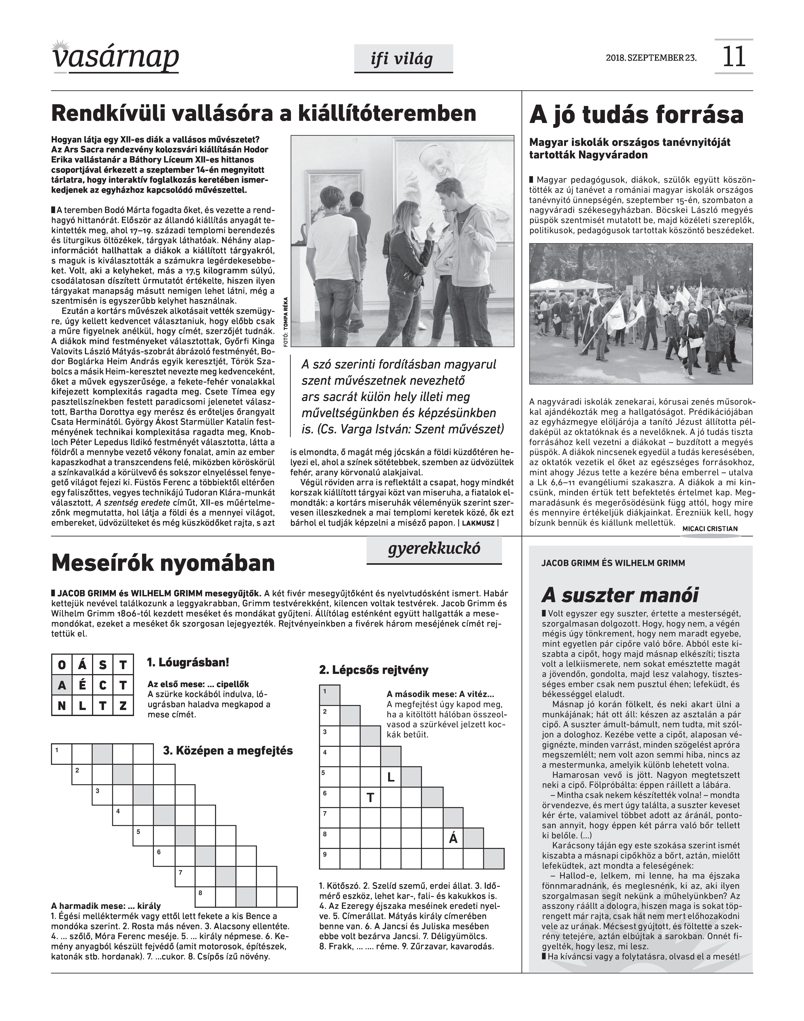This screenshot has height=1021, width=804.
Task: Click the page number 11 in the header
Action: pyautogui.click(x=733, y=56)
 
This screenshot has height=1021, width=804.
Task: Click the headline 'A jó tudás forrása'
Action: pyautogui.click(x=636, y=115)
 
